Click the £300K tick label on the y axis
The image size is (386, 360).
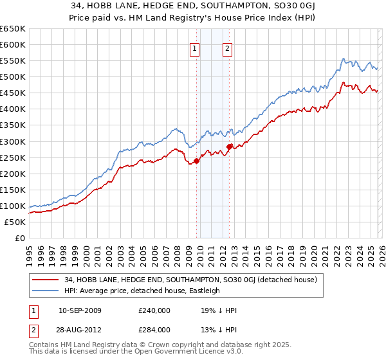(x=13, y=141)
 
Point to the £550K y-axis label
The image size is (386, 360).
(x=13, y=61)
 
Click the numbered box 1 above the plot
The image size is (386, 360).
(x=194, y=48)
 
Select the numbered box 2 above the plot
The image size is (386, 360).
(x=228, y=48)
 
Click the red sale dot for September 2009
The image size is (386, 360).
(x=196, y=161)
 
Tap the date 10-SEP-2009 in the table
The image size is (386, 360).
(x=80, y=310)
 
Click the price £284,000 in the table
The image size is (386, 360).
(x=154, y=330)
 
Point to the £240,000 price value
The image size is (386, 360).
(x=154, y=310)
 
